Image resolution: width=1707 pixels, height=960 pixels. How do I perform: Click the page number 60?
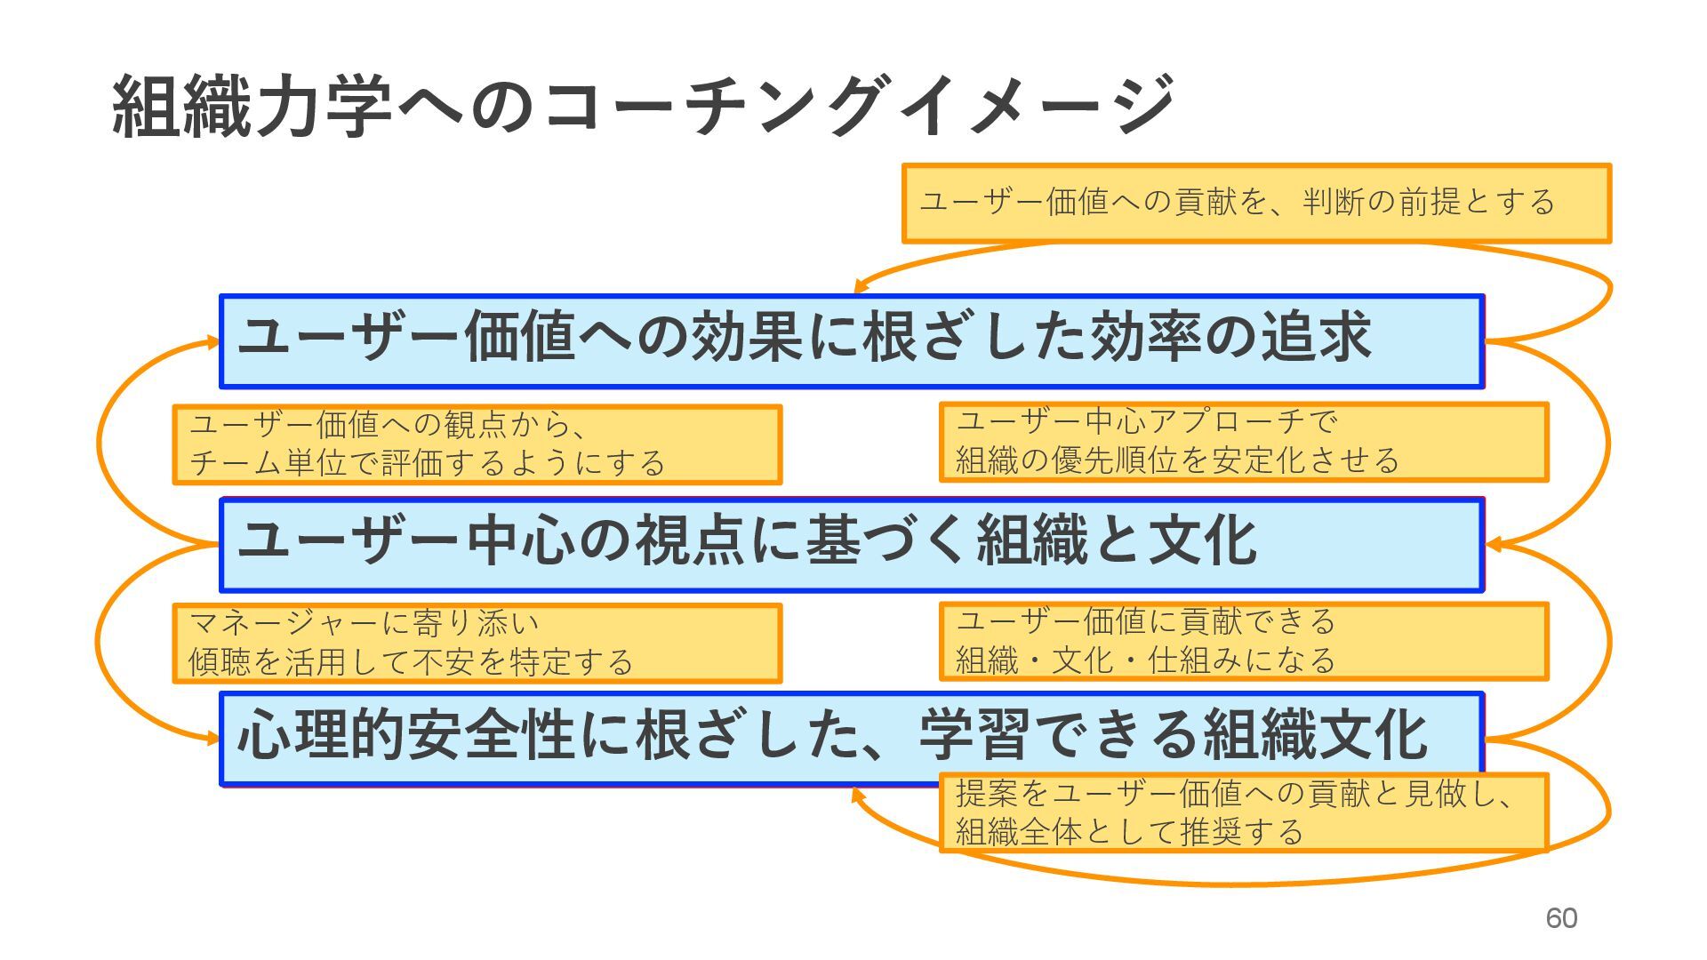click(x=1561, y=917)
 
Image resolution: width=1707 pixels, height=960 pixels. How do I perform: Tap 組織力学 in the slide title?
click(x=253, y=107)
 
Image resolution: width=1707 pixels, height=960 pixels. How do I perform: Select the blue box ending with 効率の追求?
click(x=852, y=341)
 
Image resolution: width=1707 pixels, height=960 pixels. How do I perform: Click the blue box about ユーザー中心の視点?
click(x=852, y=544)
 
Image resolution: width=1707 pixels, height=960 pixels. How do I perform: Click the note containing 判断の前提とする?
click(x=1255, y=203)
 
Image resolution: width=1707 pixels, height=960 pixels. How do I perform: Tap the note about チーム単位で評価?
click(x=477, y=444)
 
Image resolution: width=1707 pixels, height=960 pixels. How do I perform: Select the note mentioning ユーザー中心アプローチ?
click(x=1243, y=442)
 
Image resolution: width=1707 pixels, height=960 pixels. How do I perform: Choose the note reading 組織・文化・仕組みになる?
click(x=1243, y=641)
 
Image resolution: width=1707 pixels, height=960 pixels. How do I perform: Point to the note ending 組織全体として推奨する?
click(x=1243, y=812)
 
